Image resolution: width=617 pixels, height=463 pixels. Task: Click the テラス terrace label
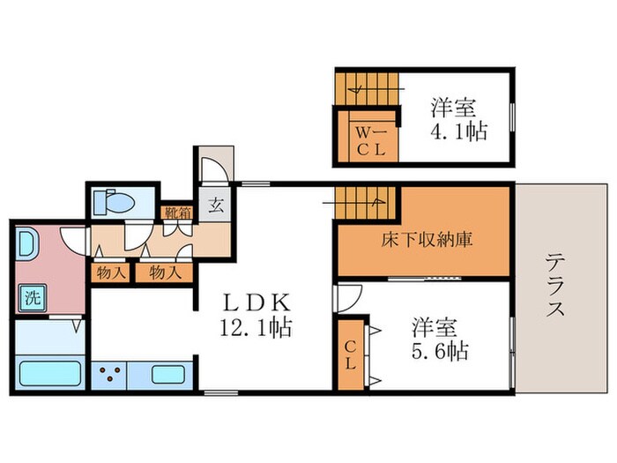[555, 286]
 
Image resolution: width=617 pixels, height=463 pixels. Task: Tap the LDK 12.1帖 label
[256, 313]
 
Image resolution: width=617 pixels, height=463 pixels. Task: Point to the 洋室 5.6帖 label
[438, 340]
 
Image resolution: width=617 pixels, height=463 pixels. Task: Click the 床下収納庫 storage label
[423, 240]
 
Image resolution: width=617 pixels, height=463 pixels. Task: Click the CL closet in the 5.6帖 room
[349, 351]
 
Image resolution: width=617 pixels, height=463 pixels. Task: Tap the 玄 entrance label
[214, 209]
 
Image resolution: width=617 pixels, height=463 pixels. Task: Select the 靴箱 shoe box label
[173, 212]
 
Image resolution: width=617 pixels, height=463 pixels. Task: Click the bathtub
[49, 373]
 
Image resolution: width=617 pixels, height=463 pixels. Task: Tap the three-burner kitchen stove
[109, 373]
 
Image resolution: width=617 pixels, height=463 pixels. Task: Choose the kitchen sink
[167, 373]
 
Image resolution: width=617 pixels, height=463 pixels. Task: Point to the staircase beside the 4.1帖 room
[365, 86]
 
